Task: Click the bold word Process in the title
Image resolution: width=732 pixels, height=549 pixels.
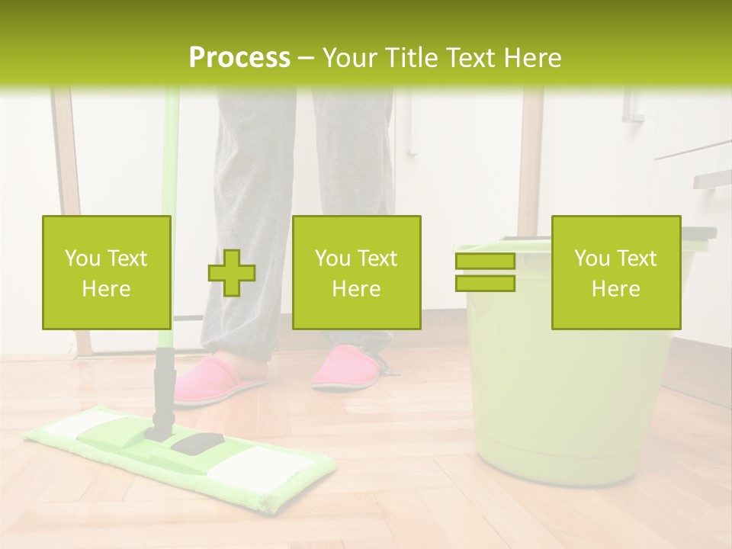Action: tap(239, 58)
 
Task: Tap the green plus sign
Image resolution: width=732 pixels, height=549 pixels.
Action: tap(232, 273)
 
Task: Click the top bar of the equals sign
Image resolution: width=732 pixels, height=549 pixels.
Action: tap(485, 262)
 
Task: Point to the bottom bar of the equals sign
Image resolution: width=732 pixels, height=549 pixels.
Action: tap(485, 283)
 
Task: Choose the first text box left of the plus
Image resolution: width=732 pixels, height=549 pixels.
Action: tap(106, 273)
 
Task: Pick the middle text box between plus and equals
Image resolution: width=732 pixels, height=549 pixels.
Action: tap(356, 273)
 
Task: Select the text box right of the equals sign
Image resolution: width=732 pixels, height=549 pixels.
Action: tap(615, 273)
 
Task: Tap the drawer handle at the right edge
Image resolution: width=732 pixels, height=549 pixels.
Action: tap(712, 179)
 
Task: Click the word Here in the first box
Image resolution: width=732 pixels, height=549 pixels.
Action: tap(106, 288)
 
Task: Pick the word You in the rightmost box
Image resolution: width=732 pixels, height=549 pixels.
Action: tap(592, 258)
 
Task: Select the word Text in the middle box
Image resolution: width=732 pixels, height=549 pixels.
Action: tap(377, 258)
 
